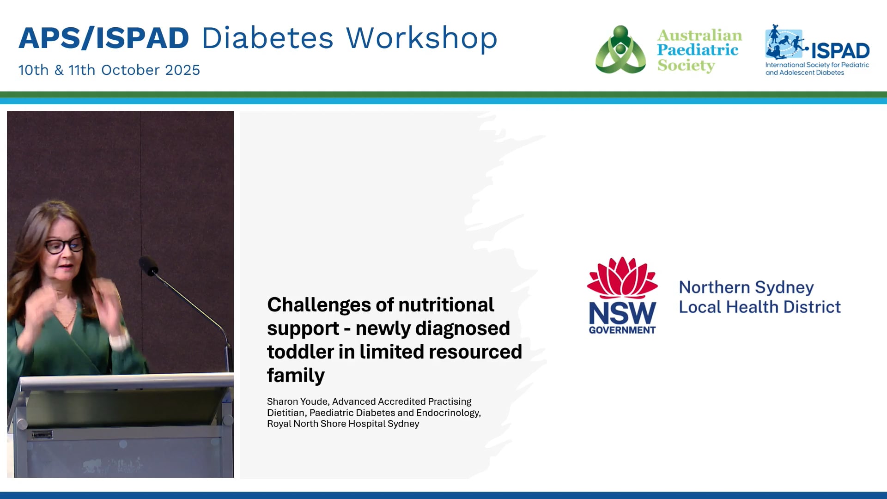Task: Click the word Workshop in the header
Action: point(421,38)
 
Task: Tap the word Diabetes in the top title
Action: point(267,38)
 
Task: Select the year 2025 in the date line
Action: point(182,70)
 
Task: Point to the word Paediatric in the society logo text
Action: point(698,50)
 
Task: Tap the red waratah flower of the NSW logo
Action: point(622,278)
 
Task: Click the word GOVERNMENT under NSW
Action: point(622,330)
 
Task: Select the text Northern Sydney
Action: point(746,287)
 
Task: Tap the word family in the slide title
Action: point(296,376)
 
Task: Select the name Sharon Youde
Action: point(297,402)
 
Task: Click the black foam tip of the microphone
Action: point(148,266)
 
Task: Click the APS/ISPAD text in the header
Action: point(104,38)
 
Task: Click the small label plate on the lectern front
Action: point(42,435)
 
